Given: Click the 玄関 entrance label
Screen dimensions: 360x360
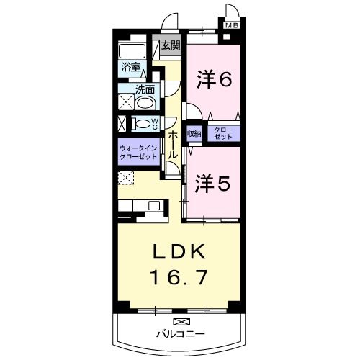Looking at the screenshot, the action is pyautogui.click(x=171, y=45).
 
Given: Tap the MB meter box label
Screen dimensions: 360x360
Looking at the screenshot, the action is pyautogui.click(x=232, y=25).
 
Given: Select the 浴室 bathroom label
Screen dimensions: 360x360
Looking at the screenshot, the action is pyautogui.click(x=131, y=67).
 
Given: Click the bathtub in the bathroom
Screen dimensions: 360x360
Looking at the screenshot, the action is pyautogui.click(x=132, y=51).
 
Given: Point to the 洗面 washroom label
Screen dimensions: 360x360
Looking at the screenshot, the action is pyautogui.click(x=145, y=89).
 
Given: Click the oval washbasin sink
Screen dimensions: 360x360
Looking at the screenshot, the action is pyautogui.click(x=145, y=104).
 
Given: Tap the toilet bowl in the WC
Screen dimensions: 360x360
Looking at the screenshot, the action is pyautogui.click(x=142, y=124).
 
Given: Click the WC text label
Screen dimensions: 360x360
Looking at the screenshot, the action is pyautogui.click(x=155, y=124).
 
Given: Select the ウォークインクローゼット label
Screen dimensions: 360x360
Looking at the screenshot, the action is pyautogui.click(x=139, y=152).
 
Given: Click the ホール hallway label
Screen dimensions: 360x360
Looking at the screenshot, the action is pyautogui.click(x=173, y=145).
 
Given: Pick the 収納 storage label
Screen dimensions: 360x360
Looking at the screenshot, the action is pyautogui.click(x=194, y=134).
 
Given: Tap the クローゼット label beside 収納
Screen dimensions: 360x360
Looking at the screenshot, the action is pyautogui.click(x=223, y=133).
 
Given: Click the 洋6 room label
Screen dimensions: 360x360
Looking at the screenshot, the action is pyautogui.click(x=215, y=79).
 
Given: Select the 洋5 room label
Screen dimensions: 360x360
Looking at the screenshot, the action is pyautogui.click(x=212, y=184).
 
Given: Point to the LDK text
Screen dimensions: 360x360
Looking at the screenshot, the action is pyautogui.click(x=179, y=251).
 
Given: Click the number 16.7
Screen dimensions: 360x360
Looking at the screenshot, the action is pyautogui.click(x=179, y=277).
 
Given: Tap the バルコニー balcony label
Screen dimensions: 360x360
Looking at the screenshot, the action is pyautogui.click(x=181, y=333).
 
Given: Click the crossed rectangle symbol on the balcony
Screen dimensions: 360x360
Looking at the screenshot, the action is pyautogui.click(x=181, y=321).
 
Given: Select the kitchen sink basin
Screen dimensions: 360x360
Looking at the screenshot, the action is pyautogui.click(x=154, y=205).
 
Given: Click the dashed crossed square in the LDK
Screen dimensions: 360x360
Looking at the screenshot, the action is pyautogui.click(x=126, y=178).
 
